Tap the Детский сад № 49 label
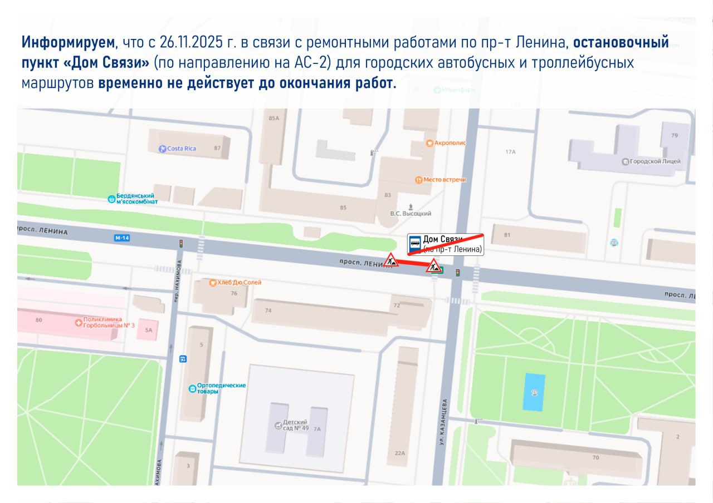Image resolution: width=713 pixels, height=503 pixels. pos(295,426)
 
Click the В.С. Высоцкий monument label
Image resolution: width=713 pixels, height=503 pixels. pos(411,213)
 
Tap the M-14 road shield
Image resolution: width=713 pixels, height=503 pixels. pos(121,238)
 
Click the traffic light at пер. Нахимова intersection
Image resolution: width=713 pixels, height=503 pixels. pos(181,244)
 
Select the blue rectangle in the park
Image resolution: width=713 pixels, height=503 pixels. pos(534,392)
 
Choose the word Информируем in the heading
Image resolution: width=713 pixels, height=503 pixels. pos(68,43)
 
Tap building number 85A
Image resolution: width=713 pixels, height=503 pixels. pos(273,118)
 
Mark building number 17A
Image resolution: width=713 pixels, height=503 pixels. pos(510,152)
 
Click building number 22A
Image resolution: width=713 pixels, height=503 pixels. pos(399,453)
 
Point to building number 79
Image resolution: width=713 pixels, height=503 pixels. pos(675,135)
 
